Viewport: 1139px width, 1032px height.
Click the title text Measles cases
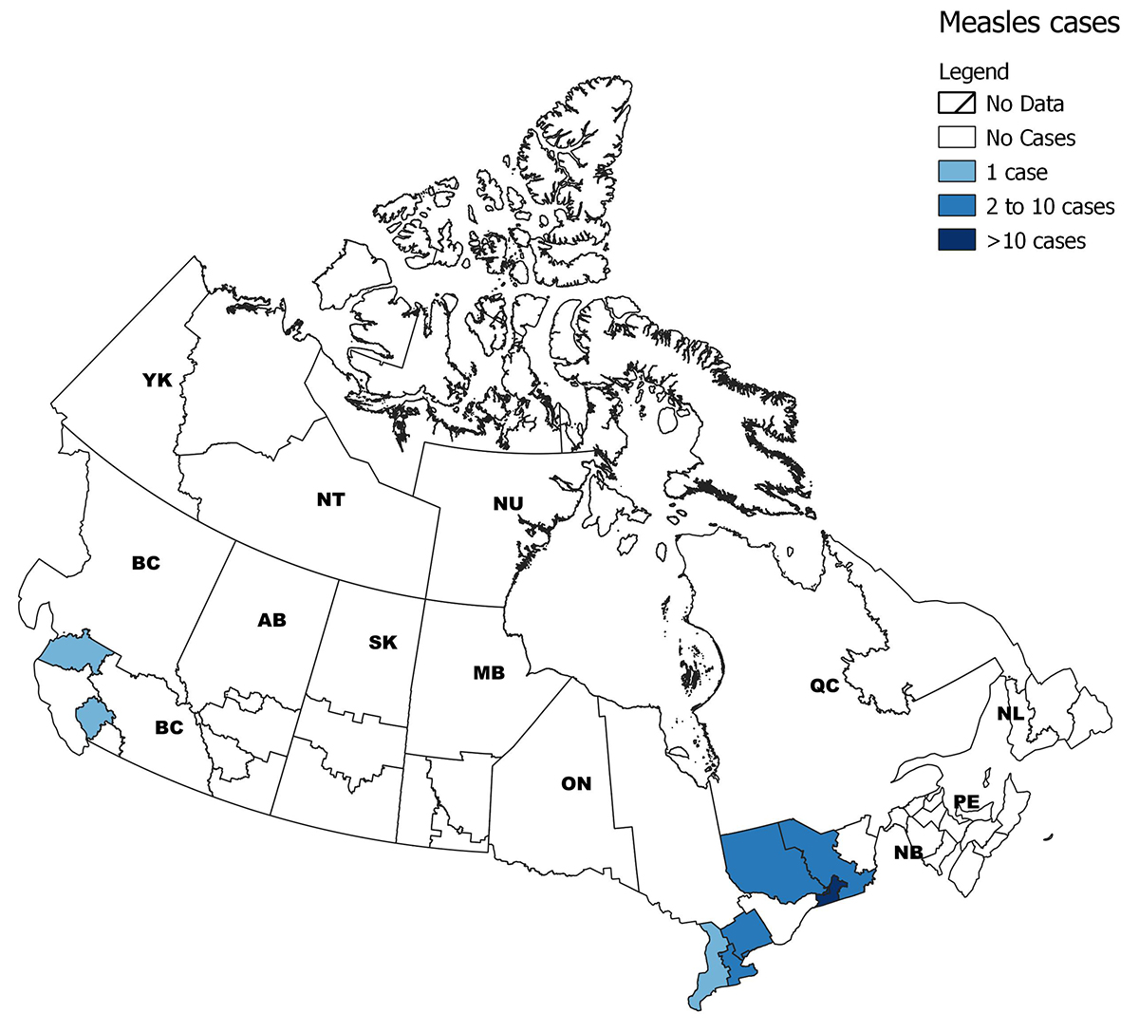[x=1029, y=23]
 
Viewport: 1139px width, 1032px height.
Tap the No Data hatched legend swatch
[x=957, y=103]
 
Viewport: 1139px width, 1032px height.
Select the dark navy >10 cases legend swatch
[x=957, y=240]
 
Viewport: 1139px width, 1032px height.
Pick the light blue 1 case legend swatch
[x=957, y=172]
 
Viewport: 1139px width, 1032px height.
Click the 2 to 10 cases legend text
[x=1050, y=207]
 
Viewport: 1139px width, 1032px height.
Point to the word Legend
[x=973, y=72]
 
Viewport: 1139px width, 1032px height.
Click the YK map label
[x=157, y=381]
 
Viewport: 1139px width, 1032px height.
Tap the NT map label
[x=330, y=499]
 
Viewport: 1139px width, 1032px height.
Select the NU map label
[x=508, y=504]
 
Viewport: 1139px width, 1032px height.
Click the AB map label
[x=271, y=620]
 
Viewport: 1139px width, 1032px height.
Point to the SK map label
[x=383, y=643]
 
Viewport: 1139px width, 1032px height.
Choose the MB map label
[x=489, y=673]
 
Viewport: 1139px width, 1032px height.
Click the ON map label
[x=576, y=783]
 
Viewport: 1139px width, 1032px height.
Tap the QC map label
[x=824, y=685]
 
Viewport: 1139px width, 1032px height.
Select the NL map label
[x=1010, y=713]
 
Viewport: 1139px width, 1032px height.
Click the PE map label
[x=966, y=802]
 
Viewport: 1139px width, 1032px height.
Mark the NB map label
[x=908, y=853]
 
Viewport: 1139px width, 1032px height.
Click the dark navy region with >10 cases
[x=831, y=891]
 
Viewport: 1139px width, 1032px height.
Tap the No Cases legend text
[x=1030, y=139]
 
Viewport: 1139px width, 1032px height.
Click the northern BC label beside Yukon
[x=145, y=563]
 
